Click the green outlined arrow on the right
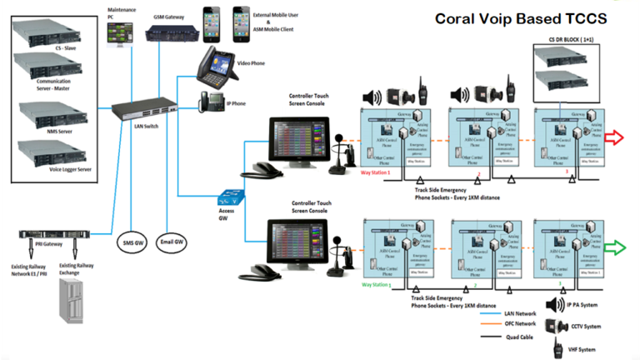(617, 247)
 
